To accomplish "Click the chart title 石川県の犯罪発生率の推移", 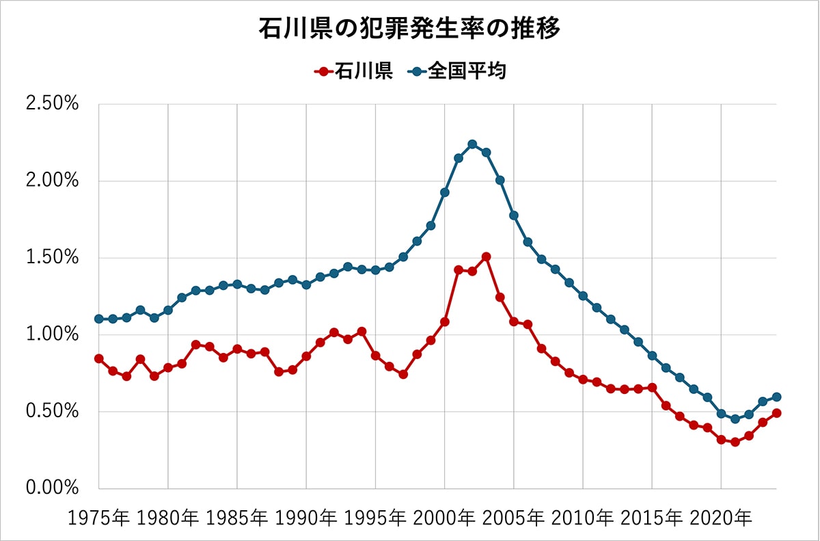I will [x=409, y=29].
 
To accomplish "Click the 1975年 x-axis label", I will [x=99, y=518].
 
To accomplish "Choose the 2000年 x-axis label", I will [x=445, y=518].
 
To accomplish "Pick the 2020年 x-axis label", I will [x=721, y=518].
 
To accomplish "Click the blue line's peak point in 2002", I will [x=472, y=144].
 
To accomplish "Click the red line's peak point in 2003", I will [x=486, y=256].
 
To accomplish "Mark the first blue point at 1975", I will [x=99, y=319].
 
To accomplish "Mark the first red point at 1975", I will [x=99, y=358].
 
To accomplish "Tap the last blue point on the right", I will [x=776, y=397].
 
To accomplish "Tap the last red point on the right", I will [x=776, y=413].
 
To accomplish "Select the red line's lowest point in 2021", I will [x=735, y=442].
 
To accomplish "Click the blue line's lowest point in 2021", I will [x=735, y=419].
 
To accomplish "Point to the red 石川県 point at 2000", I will [x=445, y=321].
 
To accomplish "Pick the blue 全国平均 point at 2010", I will [x=583, y=296].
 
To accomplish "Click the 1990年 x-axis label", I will [x=306, y=518].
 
